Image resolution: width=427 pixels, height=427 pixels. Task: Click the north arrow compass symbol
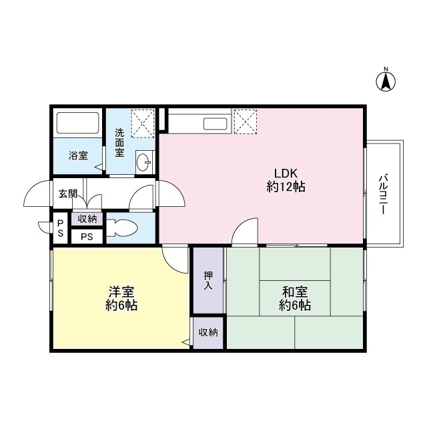[386, 80]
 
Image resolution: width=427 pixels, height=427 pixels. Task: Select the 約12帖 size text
[286, 187]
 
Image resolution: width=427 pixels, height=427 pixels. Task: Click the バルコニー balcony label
[384, 193]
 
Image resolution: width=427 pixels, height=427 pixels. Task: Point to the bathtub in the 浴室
[77, 123]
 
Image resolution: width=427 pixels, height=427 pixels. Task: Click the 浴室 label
[79, 155]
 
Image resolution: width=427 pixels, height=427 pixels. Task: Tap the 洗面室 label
[119, 142]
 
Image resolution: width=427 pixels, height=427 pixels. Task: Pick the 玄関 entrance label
[67, 194]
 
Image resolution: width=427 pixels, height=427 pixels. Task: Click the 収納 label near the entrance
[87, 219]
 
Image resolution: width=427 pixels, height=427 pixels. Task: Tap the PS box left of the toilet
[87, 236]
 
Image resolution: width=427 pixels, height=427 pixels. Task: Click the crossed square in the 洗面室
[141, 122]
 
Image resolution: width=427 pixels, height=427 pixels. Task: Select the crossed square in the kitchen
[245, 121]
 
